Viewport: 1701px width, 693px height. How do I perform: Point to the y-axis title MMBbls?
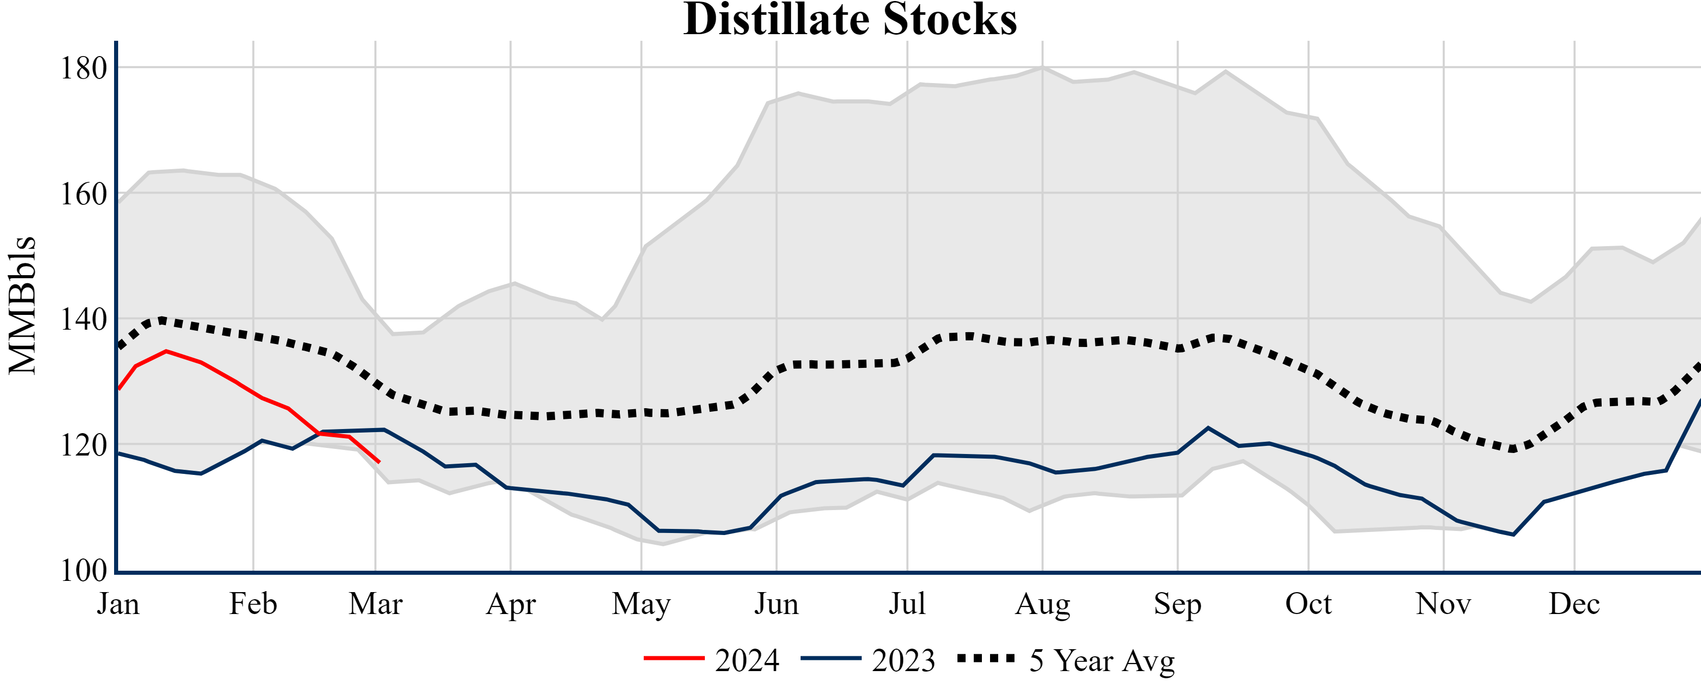[x=22, y=305]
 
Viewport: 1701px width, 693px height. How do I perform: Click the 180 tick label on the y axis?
[x=83, y=68]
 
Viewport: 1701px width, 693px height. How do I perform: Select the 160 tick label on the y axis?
[x=83, y=194]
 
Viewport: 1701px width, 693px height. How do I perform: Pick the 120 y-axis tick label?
[x=83, y=445]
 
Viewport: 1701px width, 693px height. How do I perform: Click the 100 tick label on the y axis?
[x=83, y=570]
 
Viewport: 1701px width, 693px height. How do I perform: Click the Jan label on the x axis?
[x=118, y=604]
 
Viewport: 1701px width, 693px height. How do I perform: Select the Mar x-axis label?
[x=376, y=604]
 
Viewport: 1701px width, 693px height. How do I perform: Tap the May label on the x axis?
[x=641, y=604]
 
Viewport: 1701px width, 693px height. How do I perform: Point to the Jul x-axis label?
[x=908, y=604]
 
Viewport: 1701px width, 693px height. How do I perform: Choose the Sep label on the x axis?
[x=1177, y=604]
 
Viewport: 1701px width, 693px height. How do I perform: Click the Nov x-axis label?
[x=1443, y=604]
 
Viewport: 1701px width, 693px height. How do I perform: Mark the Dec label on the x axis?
[x=1574, y=604]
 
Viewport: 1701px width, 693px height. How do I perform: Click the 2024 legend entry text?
[x=747, y=660]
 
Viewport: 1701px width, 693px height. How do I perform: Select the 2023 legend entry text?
[x=903, y=660]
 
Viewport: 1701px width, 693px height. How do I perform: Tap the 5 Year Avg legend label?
[x=1102, y=660]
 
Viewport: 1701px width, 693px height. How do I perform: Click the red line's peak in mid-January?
[x=167, y=352]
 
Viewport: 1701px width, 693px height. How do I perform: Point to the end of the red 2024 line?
[x=379, y=462]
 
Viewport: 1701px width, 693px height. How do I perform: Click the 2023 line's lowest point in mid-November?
[x=1514, y=535]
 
